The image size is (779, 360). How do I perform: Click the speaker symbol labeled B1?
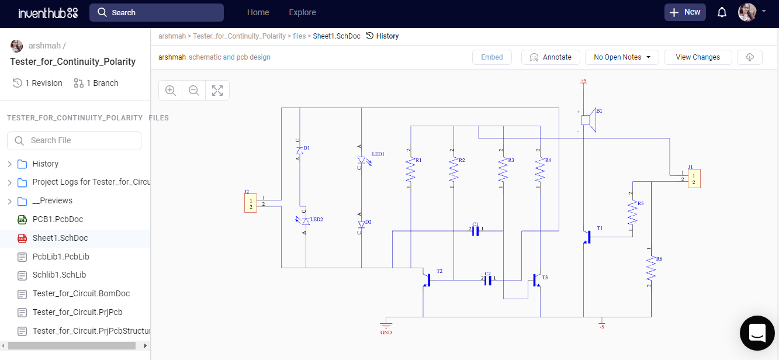click(589, 120)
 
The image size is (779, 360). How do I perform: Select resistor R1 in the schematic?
click(411, 170)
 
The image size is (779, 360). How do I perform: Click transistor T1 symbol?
click(587, 237)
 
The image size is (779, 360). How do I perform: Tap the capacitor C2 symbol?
click(488, 280)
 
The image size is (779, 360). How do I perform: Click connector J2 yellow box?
click(251, 203)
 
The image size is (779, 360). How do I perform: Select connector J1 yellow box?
click(694, 178)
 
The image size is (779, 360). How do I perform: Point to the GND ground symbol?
click(386, 325)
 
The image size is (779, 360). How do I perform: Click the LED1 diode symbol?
click(361, 160)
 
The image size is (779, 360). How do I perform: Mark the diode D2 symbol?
click(361, 224)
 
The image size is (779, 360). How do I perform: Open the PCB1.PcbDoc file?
click(57, 219)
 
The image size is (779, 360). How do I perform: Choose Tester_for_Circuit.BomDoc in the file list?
click(81, 293)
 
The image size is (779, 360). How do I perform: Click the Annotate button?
click(550, 57)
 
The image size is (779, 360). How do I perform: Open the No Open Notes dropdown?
click(622, 57)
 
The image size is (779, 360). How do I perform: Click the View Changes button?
click(698, 57)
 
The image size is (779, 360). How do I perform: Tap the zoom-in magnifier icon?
click(171, 91)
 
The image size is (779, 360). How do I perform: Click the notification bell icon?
click(722, 12)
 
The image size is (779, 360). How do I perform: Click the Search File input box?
click(74, 140)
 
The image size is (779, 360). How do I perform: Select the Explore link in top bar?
click(302, 12)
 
